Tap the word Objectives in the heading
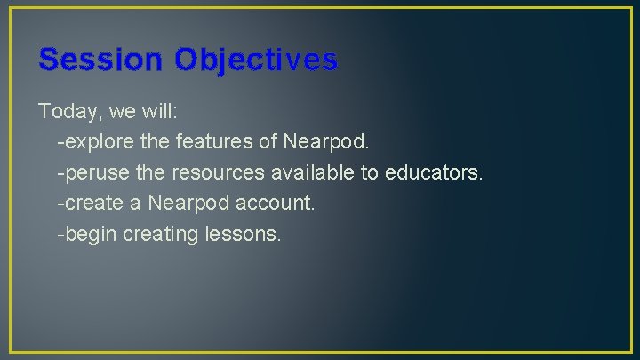pos(256,60)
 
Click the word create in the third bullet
pos(88,204)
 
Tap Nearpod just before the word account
pos(189,204)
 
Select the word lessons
pos(244,235)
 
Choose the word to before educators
pos(369,172)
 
